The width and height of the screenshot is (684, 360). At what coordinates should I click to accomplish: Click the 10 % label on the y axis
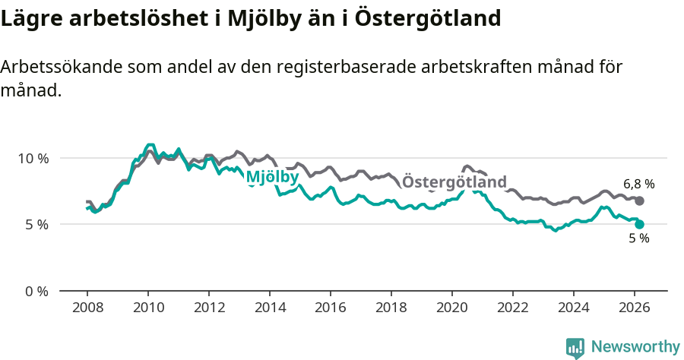pos(33,158)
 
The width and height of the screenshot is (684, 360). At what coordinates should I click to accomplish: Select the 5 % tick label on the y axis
pos(36,225)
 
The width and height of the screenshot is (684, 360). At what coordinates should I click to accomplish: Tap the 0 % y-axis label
pos(36,291)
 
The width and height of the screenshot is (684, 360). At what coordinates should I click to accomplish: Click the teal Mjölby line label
pos(272,178)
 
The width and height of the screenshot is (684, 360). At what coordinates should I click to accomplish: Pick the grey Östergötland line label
pos(454,182)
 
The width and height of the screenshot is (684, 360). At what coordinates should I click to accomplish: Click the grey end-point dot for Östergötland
pos(640,201)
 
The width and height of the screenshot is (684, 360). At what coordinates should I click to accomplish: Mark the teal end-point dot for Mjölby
pos(640,224)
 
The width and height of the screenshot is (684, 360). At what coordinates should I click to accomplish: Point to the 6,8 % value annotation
pos(638,184)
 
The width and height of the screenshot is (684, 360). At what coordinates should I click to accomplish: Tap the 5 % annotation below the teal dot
pos(638,238)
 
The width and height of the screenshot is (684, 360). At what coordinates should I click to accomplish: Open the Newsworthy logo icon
pos(575,348)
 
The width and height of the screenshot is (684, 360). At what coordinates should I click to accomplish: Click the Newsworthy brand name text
pos(635,347)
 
